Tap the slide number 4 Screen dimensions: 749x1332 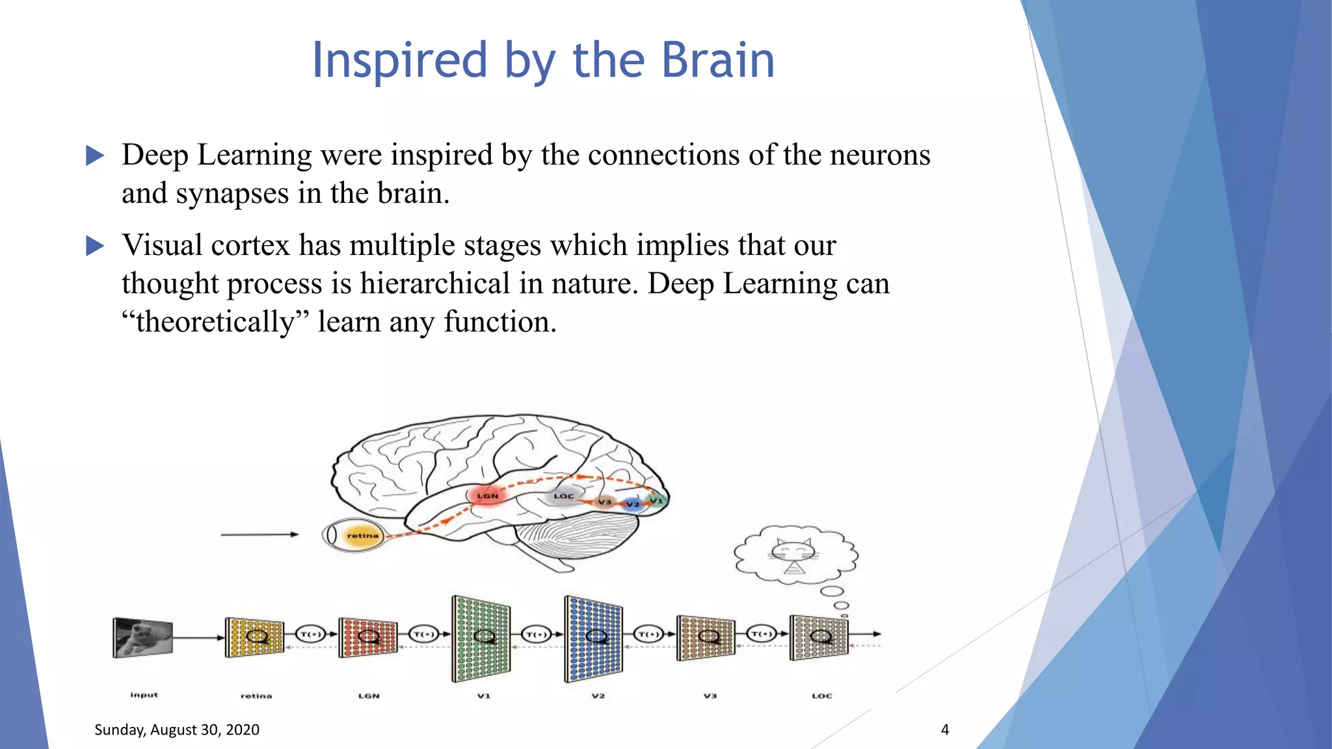944,729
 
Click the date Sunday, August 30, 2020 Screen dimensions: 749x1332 177,729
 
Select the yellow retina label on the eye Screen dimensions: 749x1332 362,536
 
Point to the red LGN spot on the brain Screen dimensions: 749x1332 487,495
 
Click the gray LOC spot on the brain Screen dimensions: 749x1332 563,496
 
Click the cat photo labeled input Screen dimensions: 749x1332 143,637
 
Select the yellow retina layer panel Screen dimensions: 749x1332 255,637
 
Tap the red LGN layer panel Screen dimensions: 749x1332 368,637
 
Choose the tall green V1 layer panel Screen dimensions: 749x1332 481,638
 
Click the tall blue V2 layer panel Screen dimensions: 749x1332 594,638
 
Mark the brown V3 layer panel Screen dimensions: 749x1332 706,637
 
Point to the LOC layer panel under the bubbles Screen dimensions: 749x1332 819,637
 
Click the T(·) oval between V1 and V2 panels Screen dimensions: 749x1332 537,634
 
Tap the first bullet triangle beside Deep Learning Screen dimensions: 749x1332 95,155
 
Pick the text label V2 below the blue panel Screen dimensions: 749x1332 598,696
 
